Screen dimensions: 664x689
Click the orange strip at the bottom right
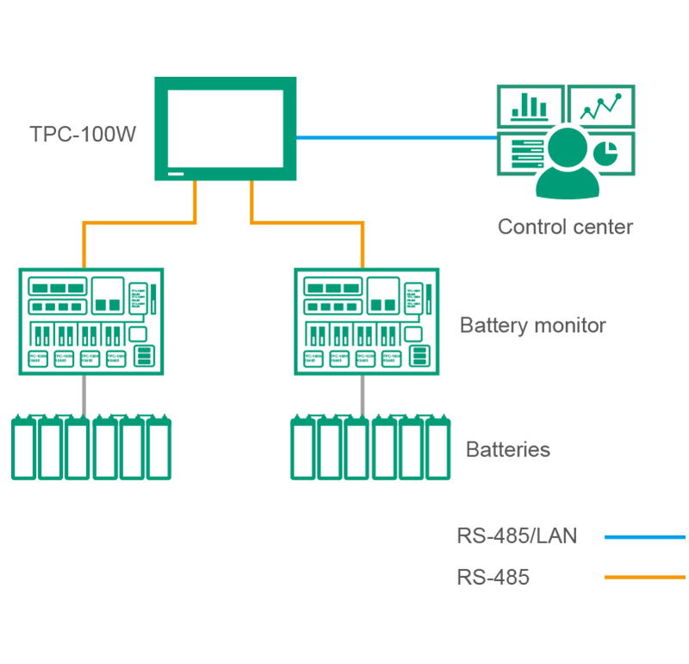tap(629, 570)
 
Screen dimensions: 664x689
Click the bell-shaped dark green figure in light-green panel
tap(564, 160)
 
